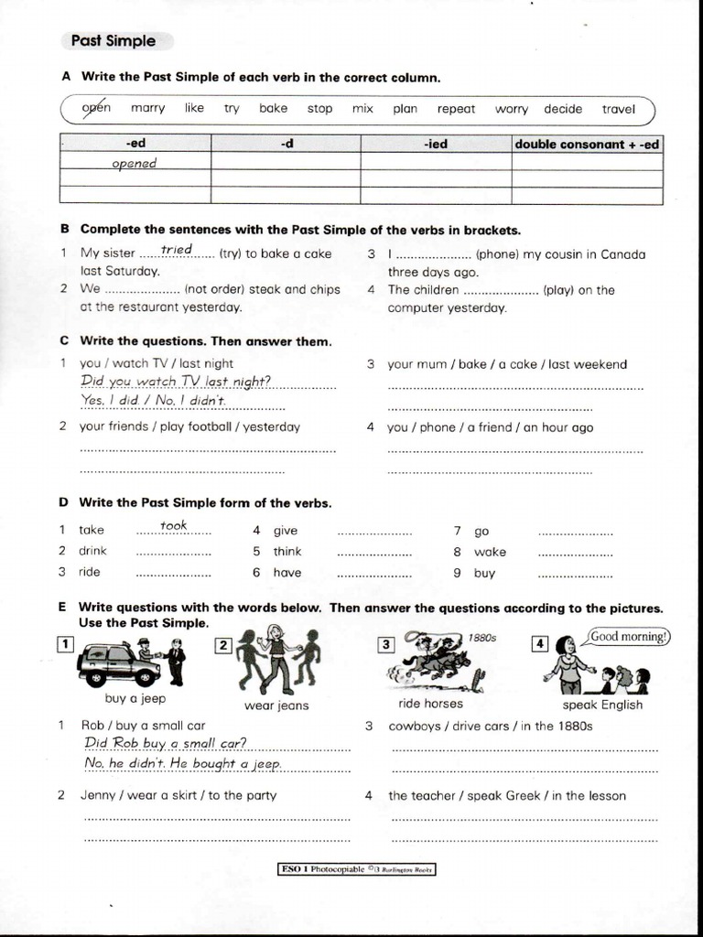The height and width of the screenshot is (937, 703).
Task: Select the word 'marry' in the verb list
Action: coord(147,108)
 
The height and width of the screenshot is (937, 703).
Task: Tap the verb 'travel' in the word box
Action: coord(618,109)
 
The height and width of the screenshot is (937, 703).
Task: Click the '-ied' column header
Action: coord(435,144)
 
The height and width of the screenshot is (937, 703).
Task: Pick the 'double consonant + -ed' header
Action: coord(587,144)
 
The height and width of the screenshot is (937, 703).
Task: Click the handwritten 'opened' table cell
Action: coord(135,163)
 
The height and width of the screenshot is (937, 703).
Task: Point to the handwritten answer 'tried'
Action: coord(176,250)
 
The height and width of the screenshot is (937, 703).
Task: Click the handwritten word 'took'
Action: coord(173,524)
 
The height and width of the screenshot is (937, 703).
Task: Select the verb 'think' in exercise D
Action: coord(287,551)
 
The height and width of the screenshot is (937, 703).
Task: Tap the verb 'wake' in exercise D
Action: coord(490,552)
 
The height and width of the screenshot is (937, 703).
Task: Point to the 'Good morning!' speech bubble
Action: coord(630,637)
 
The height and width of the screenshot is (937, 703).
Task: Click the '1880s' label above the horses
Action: coord(481,638)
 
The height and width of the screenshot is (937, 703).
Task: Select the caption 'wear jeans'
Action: coord(276,705)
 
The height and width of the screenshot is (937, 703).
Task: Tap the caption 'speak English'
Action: coord(602,705)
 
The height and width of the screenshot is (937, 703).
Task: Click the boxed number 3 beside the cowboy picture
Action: coord(386,644)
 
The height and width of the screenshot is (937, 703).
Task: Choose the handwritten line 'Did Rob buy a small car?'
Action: coord(165,742)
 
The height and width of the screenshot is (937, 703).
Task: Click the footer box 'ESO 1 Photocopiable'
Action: coord(356,869)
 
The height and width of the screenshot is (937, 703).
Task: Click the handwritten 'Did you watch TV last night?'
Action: coord(176,381)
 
